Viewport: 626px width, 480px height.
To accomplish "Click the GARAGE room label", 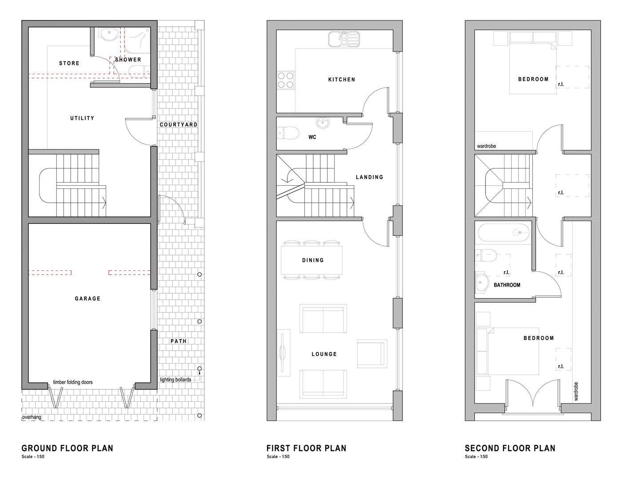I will click(x=88, y=299).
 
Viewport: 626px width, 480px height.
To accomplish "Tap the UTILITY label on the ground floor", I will click(x=82, y=118).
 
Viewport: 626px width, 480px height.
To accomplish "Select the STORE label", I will click(x=69, y=64).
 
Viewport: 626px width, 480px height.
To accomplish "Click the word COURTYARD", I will click(x=179, y=124).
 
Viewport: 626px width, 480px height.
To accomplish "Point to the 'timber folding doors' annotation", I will click(x=73, y=382).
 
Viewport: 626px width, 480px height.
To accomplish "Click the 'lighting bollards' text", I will click(x=175, y=380).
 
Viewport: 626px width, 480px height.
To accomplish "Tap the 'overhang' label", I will click(x=32, y=417).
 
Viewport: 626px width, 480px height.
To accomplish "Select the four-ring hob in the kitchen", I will click(x=285, y=80).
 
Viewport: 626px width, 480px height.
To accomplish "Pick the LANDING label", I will click(x=369, y=177).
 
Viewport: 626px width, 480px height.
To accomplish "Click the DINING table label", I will click(x=313, y=260).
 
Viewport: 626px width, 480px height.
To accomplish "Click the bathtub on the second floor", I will click(x=504, y=232).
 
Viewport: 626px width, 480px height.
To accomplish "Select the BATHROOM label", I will click(x=507, y=285).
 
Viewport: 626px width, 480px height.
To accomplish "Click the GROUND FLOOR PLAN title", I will click(x=68, y=448).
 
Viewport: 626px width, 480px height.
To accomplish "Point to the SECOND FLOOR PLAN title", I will click(x=510, y=448).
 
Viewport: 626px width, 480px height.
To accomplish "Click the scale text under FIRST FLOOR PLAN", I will click(x=278, y=457).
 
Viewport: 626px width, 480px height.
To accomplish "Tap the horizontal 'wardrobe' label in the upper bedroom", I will click(x=486, y=146).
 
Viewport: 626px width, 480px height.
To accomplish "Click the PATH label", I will click(x=178, y=341).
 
